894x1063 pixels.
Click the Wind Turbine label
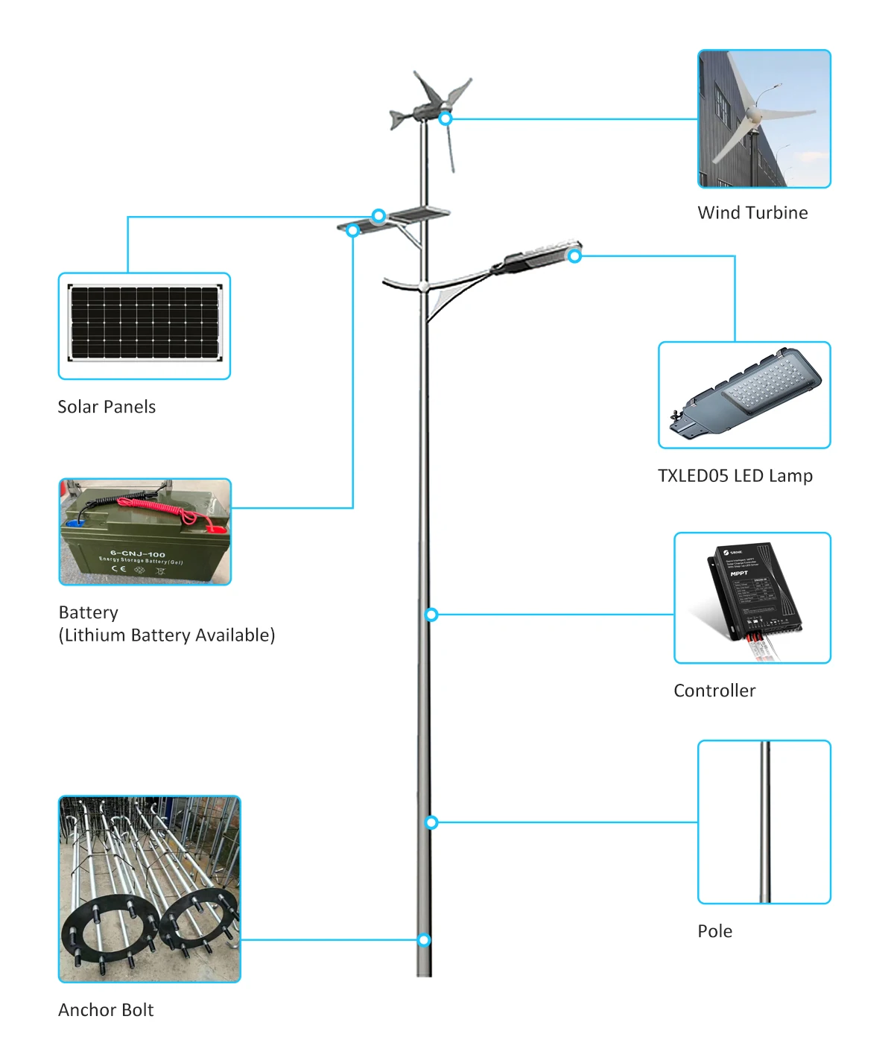coord(752,213)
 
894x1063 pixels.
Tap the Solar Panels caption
coord(107,407)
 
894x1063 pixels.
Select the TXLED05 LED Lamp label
coord(735,476)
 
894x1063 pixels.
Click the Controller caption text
coord(714,691)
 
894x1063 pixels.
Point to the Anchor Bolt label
coord(106,1010)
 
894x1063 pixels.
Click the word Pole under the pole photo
coord(714,931)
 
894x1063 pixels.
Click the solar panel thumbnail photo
coord(145,326)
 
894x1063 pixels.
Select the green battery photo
coord(145,532)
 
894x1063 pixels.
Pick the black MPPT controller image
coord(752,597)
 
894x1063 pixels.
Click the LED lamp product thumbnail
coord(744,395)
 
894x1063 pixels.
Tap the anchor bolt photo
coord(149,889)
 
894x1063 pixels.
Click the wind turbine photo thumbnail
coord(764,118)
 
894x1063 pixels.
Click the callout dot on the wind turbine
coord(446,118)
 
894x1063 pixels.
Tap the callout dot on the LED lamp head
coord(574,256)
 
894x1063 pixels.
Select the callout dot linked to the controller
coord(431,615)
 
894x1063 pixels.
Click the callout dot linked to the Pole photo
coord(431,822)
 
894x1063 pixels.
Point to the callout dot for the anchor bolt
coord(424,940)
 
